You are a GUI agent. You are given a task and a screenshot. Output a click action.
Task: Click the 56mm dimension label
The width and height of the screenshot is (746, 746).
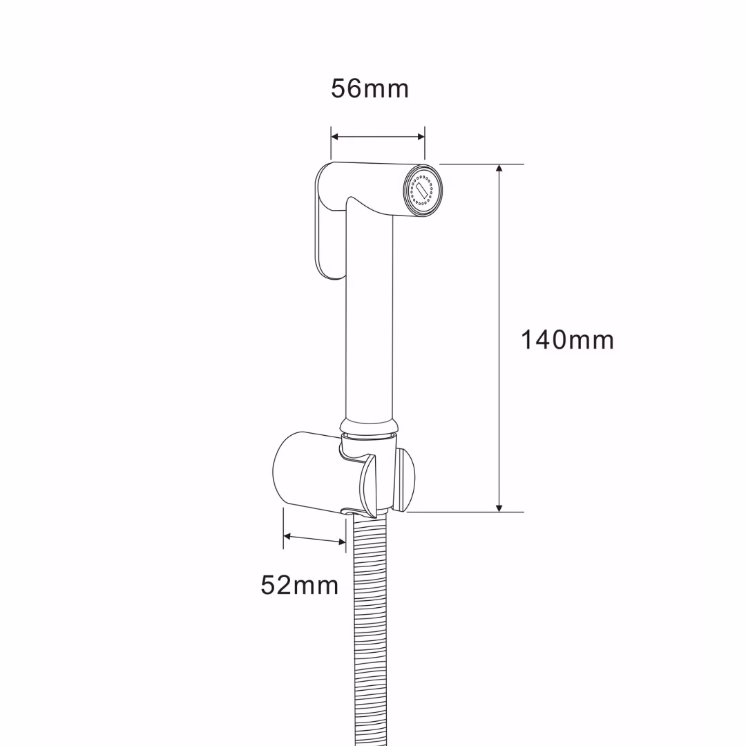[x=370, y=89]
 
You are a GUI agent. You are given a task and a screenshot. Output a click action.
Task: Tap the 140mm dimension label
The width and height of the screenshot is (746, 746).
[x=567, y=340]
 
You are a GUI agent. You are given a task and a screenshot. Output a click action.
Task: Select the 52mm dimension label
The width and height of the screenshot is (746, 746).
[x=299, y=585]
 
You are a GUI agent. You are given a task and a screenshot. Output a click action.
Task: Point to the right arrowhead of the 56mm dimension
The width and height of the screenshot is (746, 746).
[x=421, y=137]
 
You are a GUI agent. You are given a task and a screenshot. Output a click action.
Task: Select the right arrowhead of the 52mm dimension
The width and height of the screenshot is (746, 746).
[x=342, y=542]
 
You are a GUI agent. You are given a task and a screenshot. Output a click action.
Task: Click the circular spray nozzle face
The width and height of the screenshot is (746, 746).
[x=423, y=191]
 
